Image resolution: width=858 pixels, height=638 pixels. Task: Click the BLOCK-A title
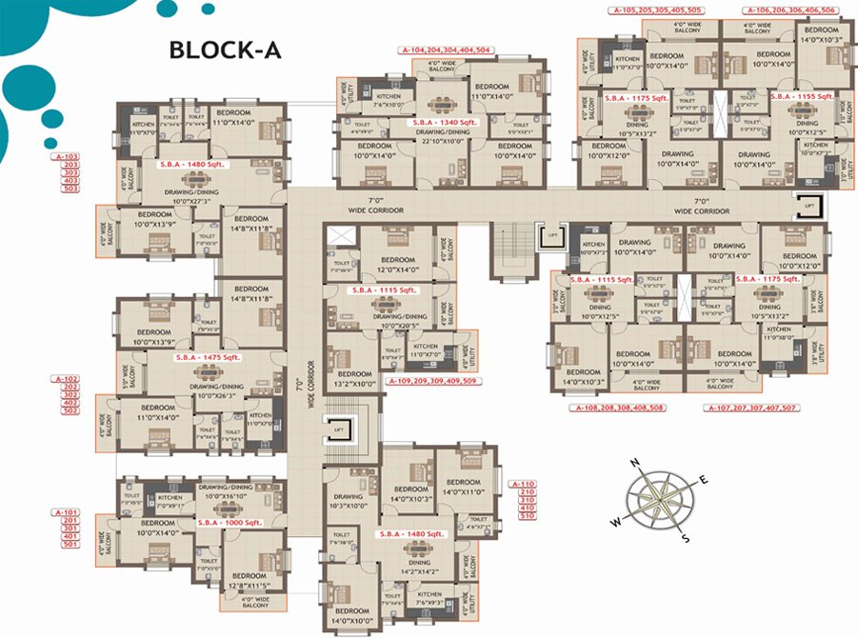tap(225, 50)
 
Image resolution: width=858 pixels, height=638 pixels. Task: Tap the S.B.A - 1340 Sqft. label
tap(444, 122)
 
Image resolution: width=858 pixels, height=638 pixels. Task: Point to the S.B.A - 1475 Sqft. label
tap(209, 357)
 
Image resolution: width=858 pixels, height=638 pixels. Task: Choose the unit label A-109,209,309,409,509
tap(432, 381)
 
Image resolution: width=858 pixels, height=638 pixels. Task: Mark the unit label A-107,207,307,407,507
tap(749, 408)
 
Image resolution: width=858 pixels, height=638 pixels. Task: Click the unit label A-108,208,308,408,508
tap(618, 408)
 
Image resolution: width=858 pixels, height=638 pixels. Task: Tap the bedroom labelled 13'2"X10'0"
tap(354, 379)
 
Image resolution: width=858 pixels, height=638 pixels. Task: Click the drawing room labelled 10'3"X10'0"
tap(348, 501)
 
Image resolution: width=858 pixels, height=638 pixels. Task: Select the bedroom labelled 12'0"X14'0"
tap(397, 265)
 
